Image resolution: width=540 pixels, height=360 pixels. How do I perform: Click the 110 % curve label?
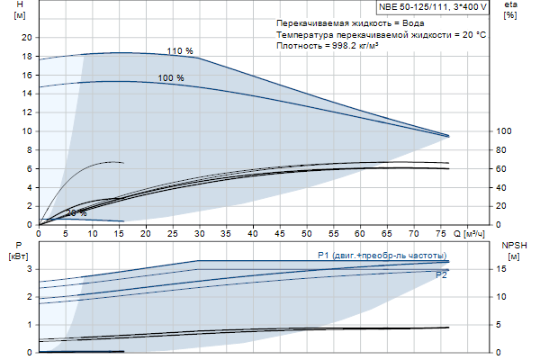pos(180,51)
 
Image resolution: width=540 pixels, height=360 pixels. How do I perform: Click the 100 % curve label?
pos(171,78)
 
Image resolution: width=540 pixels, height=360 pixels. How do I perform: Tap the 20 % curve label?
pos(76,213)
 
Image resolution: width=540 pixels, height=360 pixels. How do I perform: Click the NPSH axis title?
pos(512,249)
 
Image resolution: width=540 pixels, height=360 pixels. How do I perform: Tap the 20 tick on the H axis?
pos(26,37)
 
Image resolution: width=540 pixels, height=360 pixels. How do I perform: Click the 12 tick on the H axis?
pos(26,112)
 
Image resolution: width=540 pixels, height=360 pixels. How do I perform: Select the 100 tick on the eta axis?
pos(504,131)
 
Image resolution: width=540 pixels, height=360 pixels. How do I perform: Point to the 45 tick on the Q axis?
pos(280,233)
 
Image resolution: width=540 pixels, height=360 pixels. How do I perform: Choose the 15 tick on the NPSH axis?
pos(506,269)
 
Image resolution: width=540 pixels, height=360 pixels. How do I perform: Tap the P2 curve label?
pos(441,275)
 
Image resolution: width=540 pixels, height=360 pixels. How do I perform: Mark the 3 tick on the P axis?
pos(30,269)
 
